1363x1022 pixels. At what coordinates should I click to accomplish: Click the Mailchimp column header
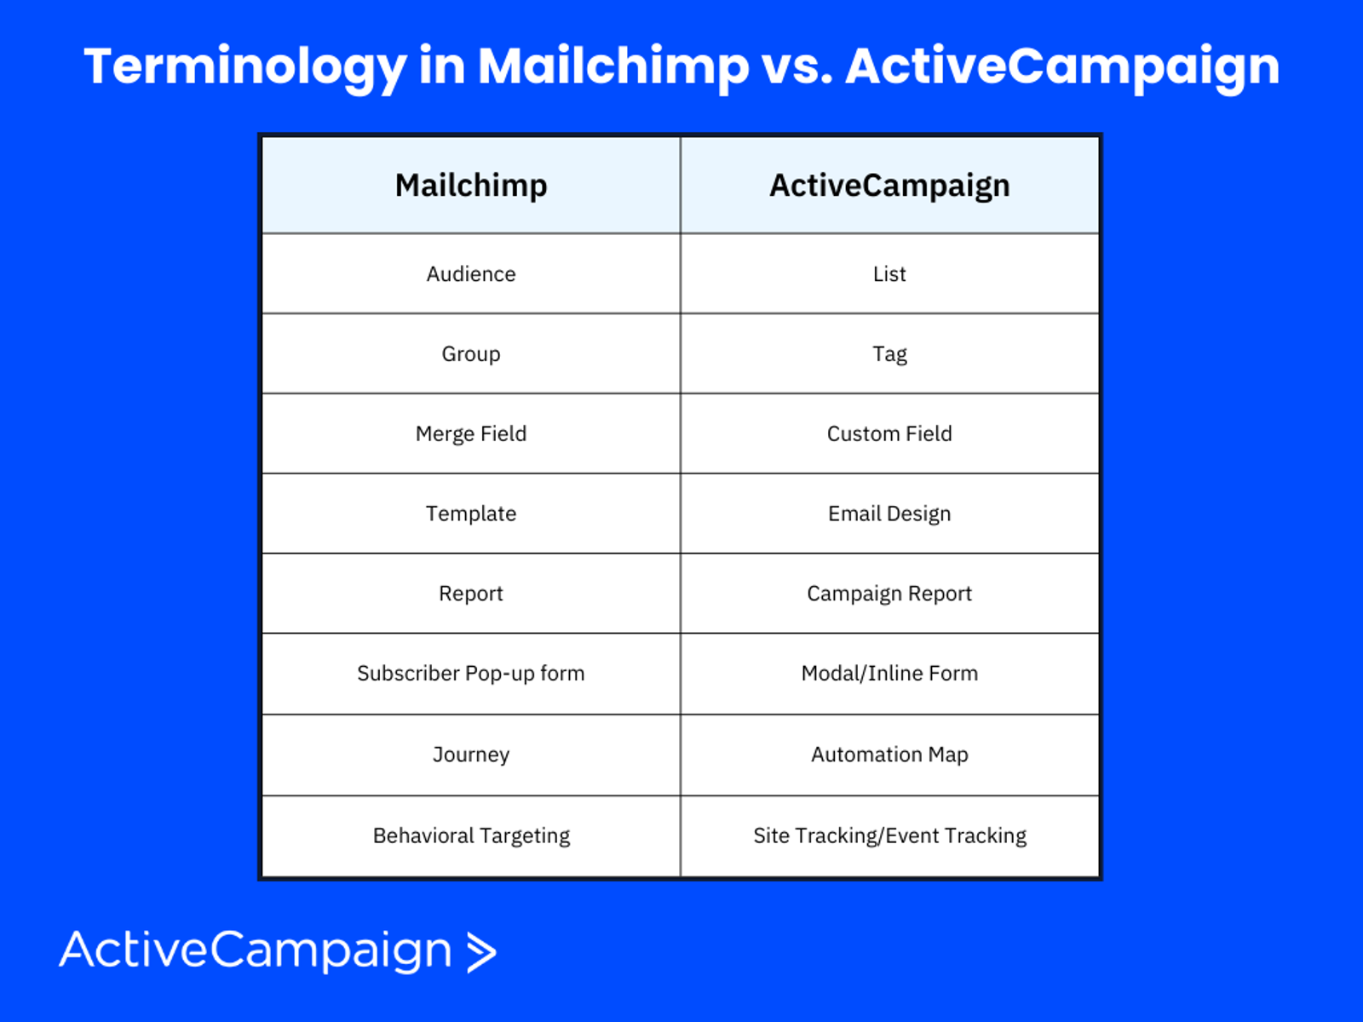coord(471,185)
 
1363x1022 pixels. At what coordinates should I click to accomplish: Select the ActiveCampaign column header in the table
coord(889,185)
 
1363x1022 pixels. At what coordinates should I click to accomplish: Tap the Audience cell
coord(471,273)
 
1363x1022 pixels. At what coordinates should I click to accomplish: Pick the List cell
coord(889,273)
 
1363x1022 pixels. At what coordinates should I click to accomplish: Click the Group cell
coord(471,353)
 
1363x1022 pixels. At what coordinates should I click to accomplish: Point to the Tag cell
coord(889,353)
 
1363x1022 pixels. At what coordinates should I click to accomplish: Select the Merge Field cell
coord(471,433)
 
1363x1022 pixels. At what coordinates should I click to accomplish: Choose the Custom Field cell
coord(889,433)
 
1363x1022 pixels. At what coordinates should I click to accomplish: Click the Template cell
coord(471,514)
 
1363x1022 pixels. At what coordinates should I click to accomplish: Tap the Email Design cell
coord(889,514)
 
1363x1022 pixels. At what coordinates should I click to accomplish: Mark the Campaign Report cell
coord(889,594)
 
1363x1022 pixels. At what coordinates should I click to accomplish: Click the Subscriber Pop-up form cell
coord(471,674)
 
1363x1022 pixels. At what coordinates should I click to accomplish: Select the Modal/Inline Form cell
coord(889,674)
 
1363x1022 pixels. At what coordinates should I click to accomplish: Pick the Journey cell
coord(471,755)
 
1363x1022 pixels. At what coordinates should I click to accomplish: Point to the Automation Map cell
coord(889,755)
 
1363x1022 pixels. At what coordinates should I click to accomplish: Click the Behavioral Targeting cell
coord(471,835)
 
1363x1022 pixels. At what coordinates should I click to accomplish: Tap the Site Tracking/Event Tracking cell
coord(889,835)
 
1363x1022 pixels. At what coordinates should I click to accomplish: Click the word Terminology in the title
coord(245,68)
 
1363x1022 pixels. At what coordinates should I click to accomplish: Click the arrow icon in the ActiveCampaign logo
coord(482,952)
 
